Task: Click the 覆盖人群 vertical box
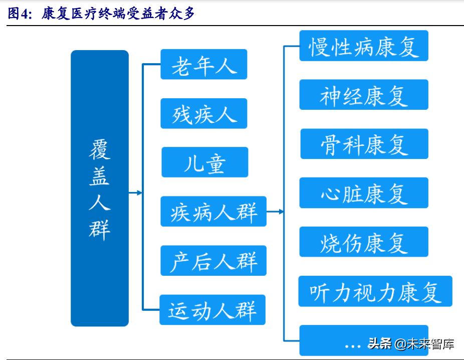coord(99,188)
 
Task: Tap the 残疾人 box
coord(203,113)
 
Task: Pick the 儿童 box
coord(204,162)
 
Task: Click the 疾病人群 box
coord(213,212)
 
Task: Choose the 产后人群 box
coord(213,261)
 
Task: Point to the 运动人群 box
coord(212,310)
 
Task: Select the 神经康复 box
coord(363,95)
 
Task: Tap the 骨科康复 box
coord(364,144)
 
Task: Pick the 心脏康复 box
coord(363,193)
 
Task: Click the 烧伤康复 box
coord(363,242)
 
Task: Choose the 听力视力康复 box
coord(375,291)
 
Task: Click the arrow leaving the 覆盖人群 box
coord(136,193)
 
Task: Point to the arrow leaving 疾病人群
coord(275,212)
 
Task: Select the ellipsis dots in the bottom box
coord(353,345)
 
